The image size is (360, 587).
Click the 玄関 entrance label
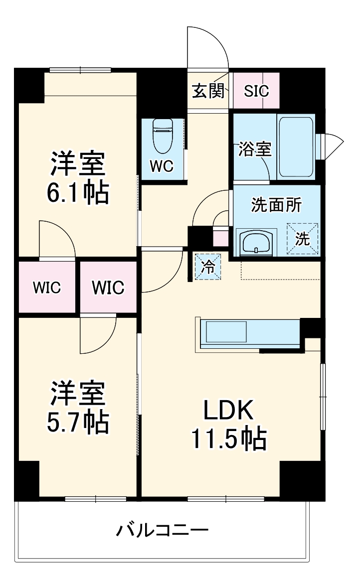[208, 91]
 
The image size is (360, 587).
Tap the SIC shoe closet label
[256, 91]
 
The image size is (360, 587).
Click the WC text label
[162, 166]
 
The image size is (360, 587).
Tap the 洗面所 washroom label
[276, 205]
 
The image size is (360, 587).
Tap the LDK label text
[228, 412]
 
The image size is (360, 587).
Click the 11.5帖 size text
[228, 439]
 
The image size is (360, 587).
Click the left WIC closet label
[47, 288]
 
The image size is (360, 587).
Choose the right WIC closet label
[108, 288]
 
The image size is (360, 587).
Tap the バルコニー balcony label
[162, 530]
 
